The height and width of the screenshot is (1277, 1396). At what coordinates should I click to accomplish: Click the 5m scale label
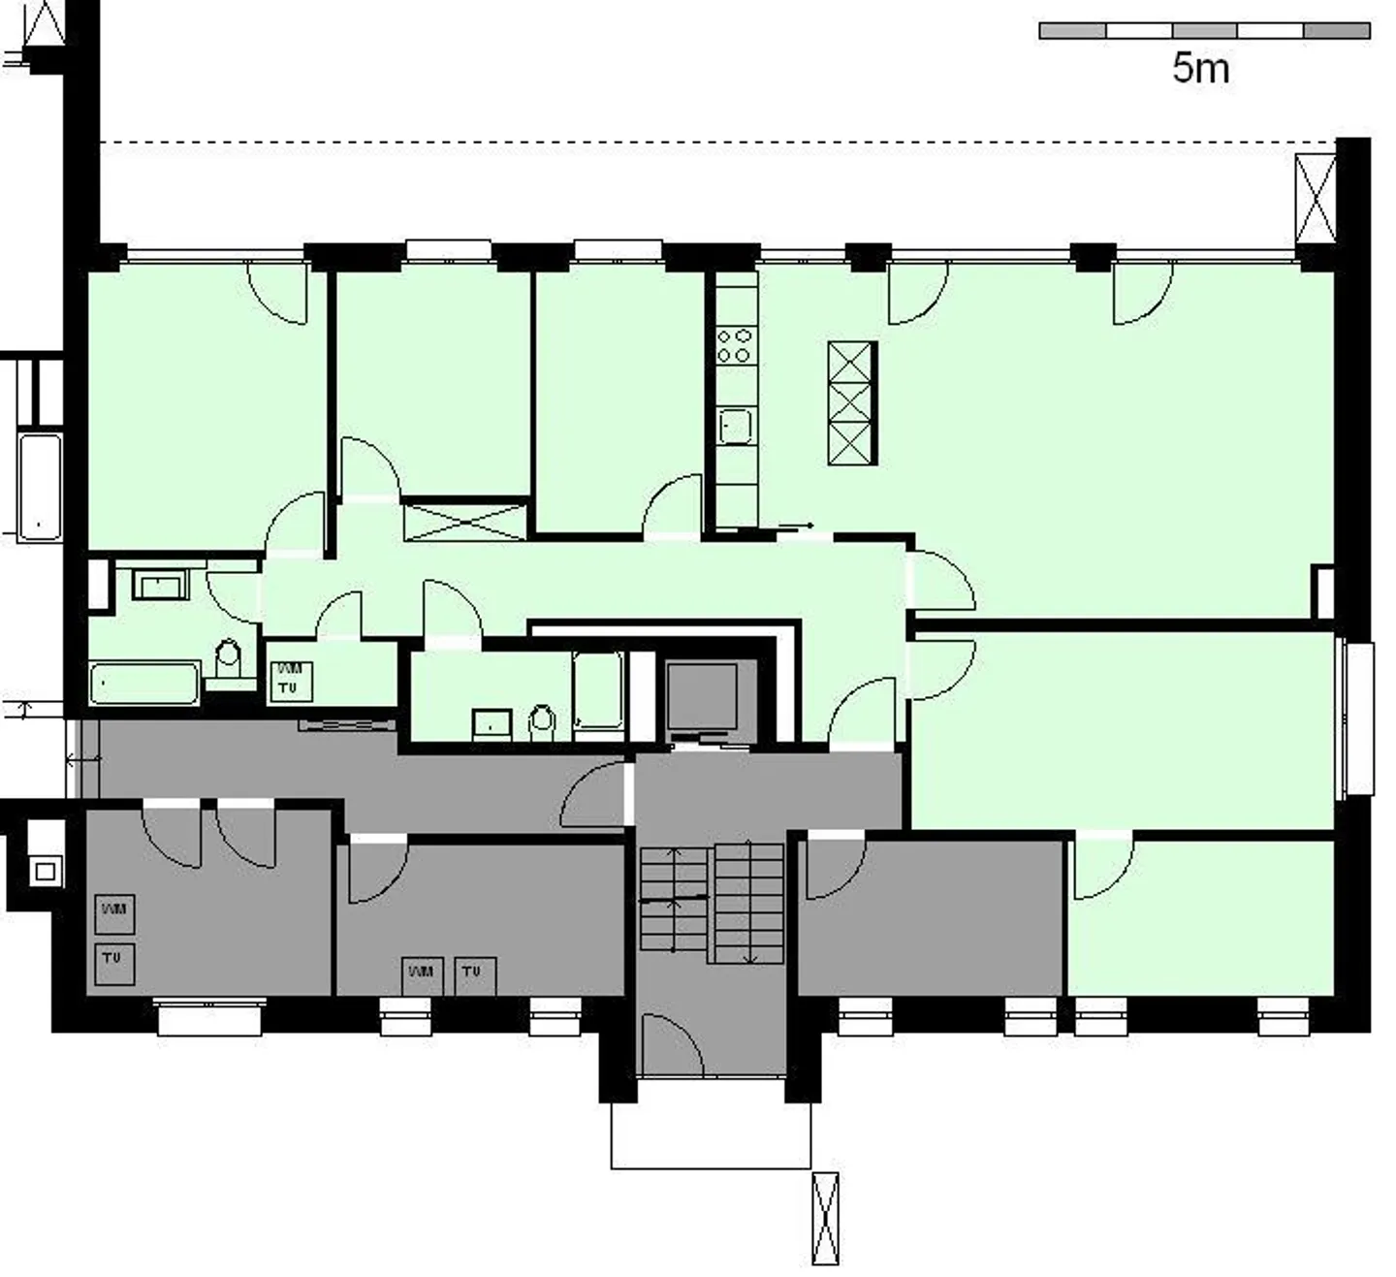click(1200, 68)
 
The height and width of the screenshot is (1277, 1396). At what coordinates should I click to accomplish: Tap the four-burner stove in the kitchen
click(735, 345)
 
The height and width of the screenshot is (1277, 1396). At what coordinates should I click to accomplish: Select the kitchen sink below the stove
click(736, 426)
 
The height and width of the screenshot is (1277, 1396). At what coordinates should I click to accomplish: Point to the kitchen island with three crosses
click(852, 402)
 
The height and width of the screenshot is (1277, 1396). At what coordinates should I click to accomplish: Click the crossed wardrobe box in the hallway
click(466, 521)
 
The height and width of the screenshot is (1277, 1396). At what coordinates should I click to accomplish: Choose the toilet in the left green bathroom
click(228, 659)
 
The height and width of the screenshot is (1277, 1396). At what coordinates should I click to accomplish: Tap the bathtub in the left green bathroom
click(144, 683)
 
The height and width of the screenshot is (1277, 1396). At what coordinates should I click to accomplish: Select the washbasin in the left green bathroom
click(159, 586)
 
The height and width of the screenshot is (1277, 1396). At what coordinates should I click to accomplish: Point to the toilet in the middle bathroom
click(542, 721)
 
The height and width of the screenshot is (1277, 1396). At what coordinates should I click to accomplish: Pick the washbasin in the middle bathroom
click(492, 724)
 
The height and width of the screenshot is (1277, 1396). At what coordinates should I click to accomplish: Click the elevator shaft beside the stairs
click(702, 698)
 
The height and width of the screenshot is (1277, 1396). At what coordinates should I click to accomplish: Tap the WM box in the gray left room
click(114, 912)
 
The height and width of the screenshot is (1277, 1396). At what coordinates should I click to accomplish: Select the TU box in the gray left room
click(114, 961)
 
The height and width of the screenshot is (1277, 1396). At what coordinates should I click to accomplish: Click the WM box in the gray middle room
click(423, 974)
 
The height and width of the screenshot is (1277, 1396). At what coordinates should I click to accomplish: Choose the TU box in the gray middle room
click(474, 974)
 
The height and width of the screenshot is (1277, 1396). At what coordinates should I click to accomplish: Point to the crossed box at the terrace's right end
click(1315, 199)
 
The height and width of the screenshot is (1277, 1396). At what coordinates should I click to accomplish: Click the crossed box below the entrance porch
click(825, 1218)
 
